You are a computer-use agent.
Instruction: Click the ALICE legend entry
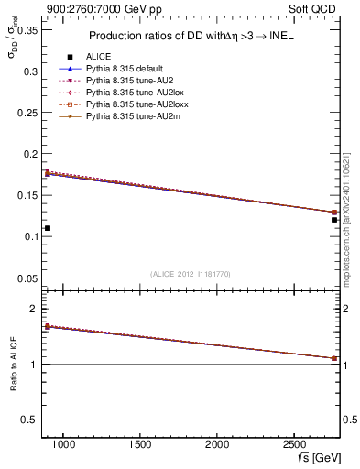[x=98, y=57]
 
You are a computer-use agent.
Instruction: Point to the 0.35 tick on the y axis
[x=27, y=29]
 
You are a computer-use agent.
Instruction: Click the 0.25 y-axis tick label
[x=27, y=113]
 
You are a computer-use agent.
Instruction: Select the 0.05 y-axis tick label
[x=27, y=278]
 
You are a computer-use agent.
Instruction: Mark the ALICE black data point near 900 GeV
[x=48, y=228]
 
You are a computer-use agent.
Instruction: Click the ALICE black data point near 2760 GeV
[x=334, y=220]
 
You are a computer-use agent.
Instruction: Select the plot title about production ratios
[x=191, y=37]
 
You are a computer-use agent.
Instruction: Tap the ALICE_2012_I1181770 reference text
[x=191, y=274]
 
